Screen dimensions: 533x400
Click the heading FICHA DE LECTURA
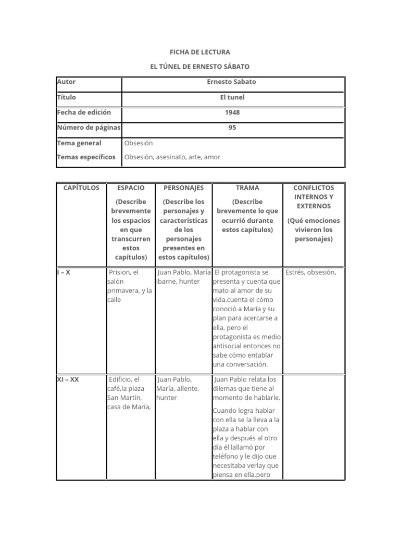pos(200,53)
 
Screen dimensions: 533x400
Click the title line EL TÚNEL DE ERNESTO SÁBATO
pos(200,67)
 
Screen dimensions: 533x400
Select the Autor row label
pos(66,82)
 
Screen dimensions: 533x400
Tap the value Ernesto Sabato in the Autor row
pos(232,82)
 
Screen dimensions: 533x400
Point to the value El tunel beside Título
pos(232,97)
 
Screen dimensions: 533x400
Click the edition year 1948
pos(232,112)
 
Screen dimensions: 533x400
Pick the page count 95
pos(232,128)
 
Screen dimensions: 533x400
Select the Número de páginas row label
pos(88,128)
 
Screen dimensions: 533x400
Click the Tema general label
pos(79,143)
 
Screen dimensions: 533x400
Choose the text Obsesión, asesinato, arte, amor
pos(172,157)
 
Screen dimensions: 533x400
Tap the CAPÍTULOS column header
pos(81,188)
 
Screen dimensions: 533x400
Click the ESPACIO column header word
pos(131,188)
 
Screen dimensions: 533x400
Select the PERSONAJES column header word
pos(183,188)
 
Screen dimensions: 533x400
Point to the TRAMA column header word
pos(247,188)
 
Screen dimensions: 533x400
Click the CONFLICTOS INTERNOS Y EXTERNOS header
pos(314,197)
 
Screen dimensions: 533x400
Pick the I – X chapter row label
pos(64,272)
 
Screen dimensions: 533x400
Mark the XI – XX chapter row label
pos(68,380)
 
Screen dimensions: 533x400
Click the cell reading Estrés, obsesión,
pos(310,272)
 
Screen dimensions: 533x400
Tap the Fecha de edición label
pos(83,112)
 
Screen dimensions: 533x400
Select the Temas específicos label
pos(86,157)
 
